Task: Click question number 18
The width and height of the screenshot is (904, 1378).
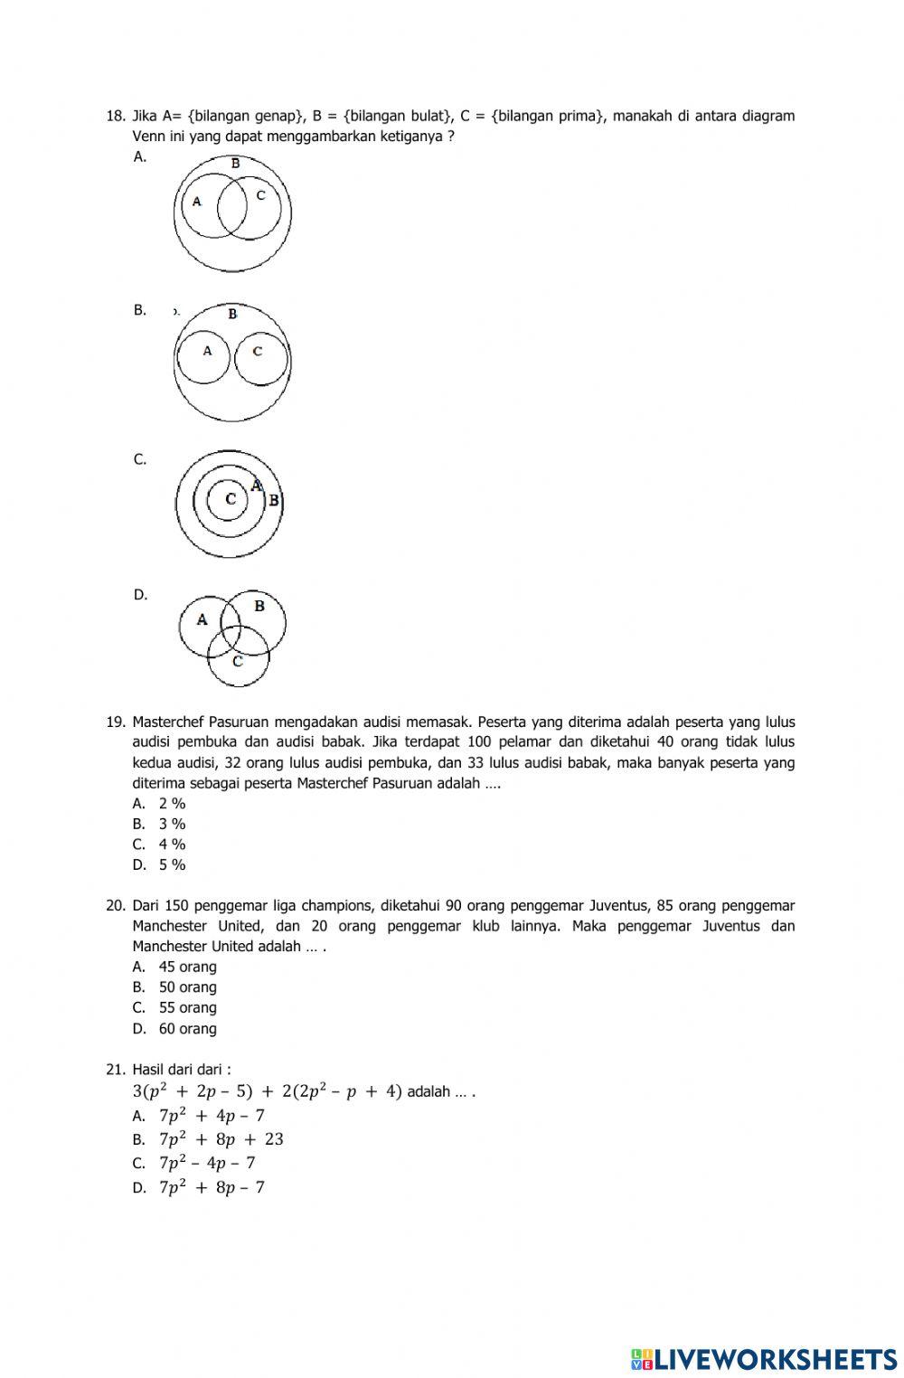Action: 114,116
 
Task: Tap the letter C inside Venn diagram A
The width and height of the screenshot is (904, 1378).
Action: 261,194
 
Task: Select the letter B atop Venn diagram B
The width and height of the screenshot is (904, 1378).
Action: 232,314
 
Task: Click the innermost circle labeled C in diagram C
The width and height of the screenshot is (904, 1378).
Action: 231,499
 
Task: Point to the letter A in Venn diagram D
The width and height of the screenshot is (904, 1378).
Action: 202,619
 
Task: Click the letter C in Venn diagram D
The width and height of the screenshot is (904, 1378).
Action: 237,661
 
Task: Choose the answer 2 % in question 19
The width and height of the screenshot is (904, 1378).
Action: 172,803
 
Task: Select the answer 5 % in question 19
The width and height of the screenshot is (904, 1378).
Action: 172,864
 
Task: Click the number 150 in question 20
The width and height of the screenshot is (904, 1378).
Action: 178,905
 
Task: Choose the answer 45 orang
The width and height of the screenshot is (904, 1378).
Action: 187,967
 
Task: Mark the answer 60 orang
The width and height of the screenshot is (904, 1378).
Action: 187,1028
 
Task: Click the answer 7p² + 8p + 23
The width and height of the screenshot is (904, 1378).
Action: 221,1139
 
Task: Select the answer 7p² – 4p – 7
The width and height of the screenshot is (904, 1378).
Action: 207,1163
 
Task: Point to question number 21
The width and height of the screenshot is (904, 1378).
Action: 114,1069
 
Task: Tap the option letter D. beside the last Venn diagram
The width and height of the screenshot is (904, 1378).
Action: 140,595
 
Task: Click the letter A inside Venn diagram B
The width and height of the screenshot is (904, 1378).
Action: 207,351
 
